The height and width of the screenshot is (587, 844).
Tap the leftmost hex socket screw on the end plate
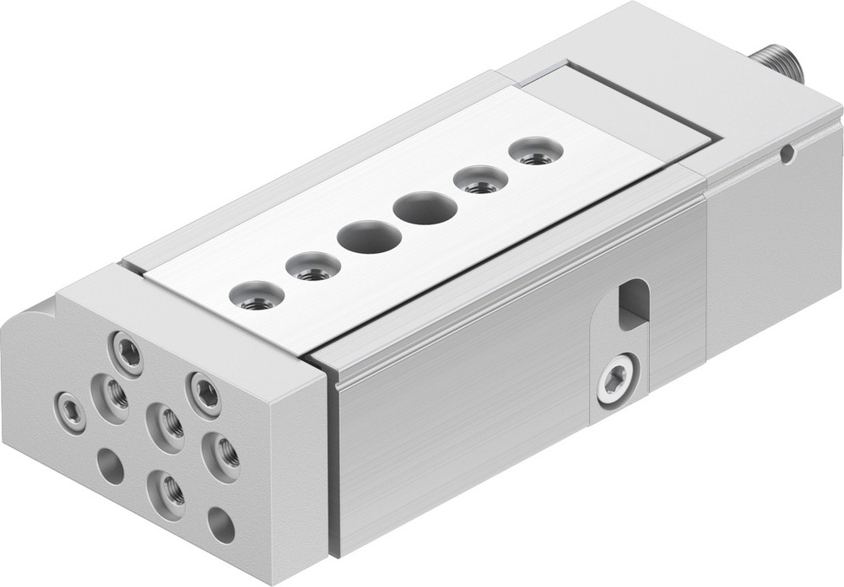70,411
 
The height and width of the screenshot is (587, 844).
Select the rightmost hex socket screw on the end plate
204,392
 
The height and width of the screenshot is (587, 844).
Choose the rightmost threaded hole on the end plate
222,456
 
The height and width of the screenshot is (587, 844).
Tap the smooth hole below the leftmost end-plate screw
110,466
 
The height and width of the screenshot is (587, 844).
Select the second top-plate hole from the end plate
313,268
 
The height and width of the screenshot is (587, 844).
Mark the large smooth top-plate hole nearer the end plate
369,237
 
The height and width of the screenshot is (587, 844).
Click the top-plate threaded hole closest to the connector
535,152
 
